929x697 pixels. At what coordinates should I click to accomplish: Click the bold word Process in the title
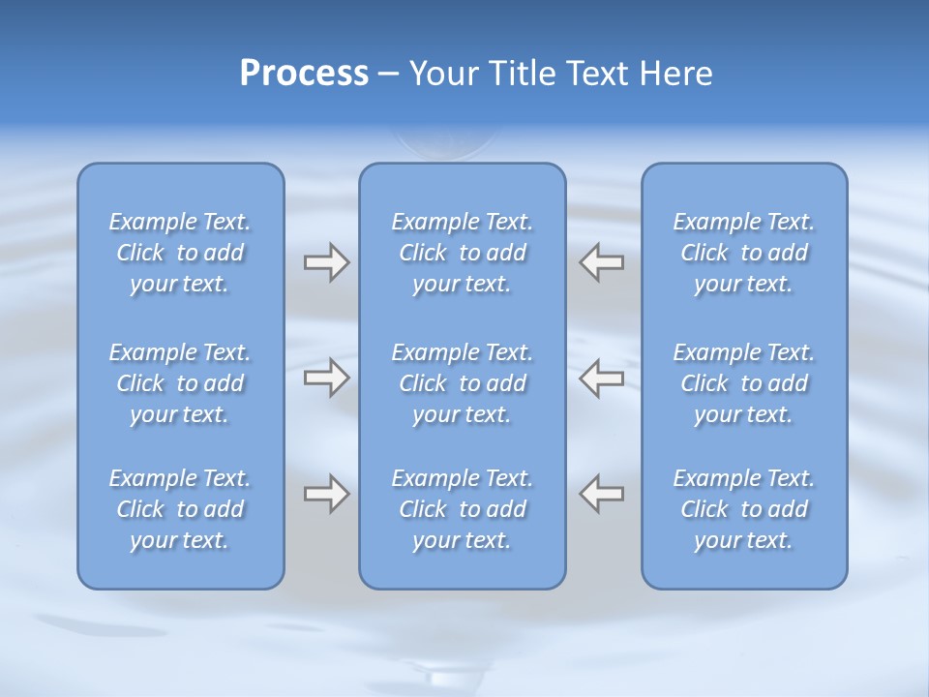pyautogui.click(x=304, y=74)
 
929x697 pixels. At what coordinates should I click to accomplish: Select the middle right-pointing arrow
pyautogui.click(x=326, y=378)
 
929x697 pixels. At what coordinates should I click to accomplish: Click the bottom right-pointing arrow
pyautogui.click(x=326, y=494)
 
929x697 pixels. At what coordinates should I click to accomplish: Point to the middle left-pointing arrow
pyautogui.click(x=602, y=378)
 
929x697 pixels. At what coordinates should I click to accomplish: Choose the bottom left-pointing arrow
pyautogui.click(x=602, y=494)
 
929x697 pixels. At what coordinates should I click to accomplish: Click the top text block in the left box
pyautogui.click(x=180, y=253)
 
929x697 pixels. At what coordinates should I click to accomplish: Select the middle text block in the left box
pyautogui.click(x=180, y=383)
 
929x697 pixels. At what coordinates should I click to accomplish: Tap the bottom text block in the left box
pyautogui.click(x=180, y=509)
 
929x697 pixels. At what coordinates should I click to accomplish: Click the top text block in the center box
pyautogui.click(x=462, y=253)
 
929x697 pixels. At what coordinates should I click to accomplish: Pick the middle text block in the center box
pyautogui.click(x=462, y=383)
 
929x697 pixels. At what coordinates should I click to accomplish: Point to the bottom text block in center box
pyautogui.click(x=462, y=509)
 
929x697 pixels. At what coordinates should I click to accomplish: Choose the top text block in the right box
pyautogui.click(x=744, y=253)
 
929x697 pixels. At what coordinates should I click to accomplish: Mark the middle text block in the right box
pyautogui.click(x=744, y=383)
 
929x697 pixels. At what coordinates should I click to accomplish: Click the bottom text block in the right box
pyautogui.click(x=744, y=509)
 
